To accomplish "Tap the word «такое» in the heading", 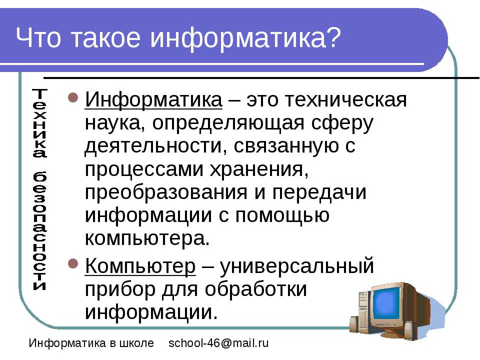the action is tap(105, 38).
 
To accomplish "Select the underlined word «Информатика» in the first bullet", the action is tap(153, 100).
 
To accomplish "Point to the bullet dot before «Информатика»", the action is tap(73, 97).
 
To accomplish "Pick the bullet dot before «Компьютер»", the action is tap(73, 263).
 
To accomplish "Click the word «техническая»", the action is tap(326, 100).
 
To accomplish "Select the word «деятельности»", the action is tap(153, 146).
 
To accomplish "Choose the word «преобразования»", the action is tap(166, 192).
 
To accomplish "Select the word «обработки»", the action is tap(255, 288).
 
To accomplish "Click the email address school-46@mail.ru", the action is tap(218, 343).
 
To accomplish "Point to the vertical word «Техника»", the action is tap(39, 123).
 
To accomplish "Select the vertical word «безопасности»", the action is tap(39, 230).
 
